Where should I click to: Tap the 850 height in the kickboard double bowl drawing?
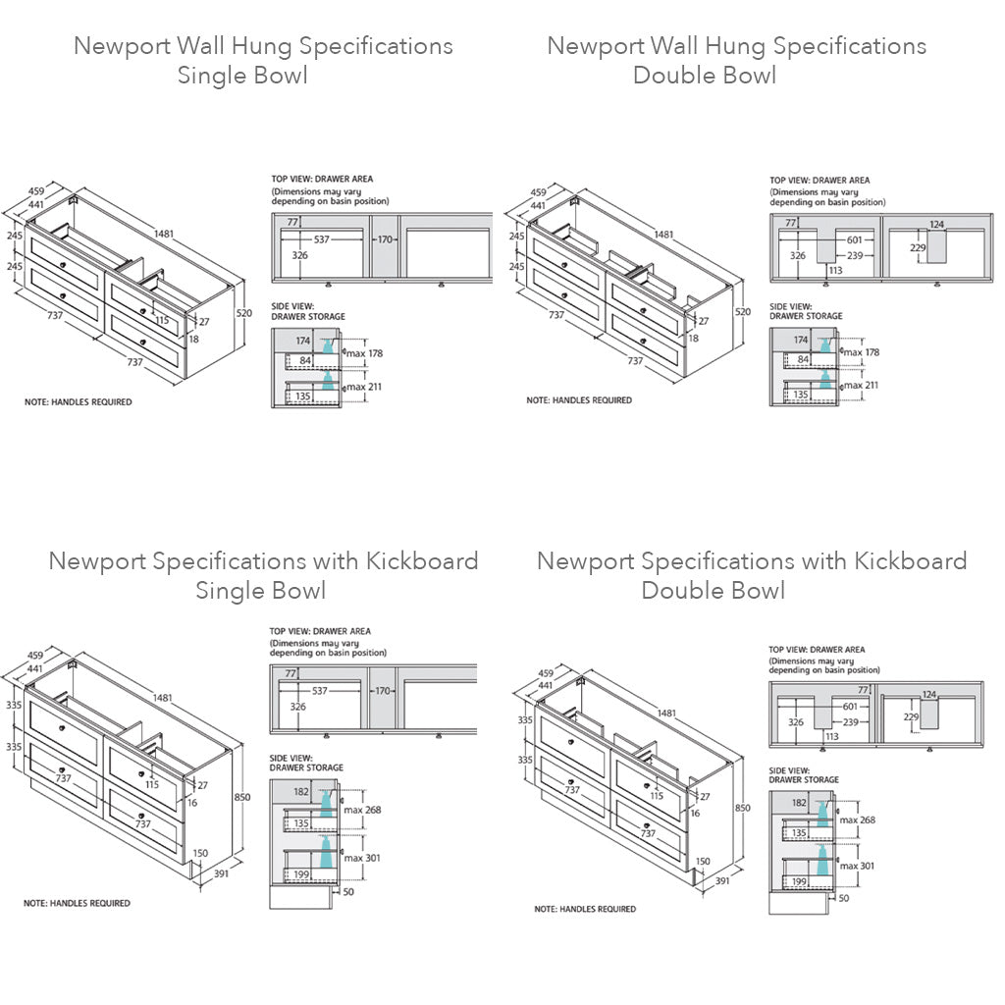[742, 808]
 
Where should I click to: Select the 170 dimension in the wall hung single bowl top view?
[384, 238]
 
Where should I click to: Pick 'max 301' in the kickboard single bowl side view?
[361, 858]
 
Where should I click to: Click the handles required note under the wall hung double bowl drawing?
[579, 400]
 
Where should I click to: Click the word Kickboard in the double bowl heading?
[910, 561]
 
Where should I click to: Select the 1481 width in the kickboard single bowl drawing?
[163, 698]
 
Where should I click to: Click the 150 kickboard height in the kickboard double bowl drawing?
[703, 862]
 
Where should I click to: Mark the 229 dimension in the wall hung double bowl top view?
[918, 247]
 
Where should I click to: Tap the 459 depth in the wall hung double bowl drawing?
[539, 193]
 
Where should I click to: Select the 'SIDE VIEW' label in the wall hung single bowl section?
[292, 307]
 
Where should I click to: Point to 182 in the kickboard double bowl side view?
[799, 803]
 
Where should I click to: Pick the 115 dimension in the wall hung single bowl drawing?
[162, 320]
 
